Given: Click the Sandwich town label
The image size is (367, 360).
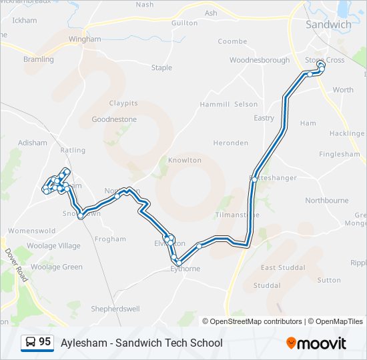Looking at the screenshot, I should click(328, 25).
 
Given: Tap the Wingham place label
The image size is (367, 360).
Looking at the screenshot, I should click(84, 39).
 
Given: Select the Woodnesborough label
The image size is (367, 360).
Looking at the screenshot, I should click(260, 60).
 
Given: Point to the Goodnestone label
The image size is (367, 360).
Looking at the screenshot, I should click(114, 119).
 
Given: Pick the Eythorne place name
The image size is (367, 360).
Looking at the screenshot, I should click(185, 269).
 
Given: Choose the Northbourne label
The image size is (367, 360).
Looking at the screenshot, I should click(326, 200).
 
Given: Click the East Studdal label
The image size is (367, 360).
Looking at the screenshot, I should click(283, 267).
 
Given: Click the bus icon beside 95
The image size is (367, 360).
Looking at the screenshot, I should click(30, 343).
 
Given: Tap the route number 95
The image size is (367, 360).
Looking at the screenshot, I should click(45, 342).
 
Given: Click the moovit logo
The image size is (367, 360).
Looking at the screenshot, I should click(316, 343).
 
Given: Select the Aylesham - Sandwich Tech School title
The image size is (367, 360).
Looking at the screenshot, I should click(141, 343).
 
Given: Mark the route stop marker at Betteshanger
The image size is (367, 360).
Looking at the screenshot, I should click(254, 179).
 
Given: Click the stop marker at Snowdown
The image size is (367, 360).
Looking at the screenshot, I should click(81, 215).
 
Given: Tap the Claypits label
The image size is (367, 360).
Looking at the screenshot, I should click(123, 103).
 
